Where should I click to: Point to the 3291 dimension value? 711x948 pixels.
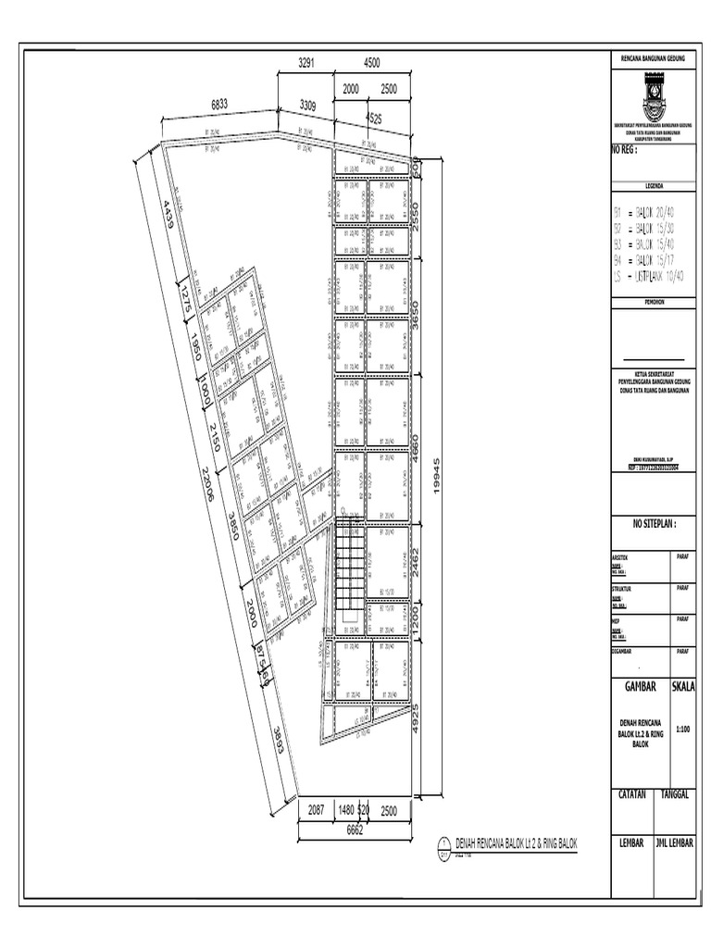[x=306, y=63]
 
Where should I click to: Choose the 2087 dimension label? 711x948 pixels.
[x=317, y=810]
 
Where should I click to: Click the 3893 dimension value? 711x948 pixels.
[x=277, y=740]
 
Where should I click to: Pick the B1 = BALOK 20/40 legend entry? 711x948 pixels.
[x=649, y=212]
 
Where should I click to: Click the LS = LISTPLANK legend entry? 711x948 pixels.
[x=649, y=276]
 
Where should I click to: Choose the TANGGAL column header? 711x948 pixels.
[x=680, y=795]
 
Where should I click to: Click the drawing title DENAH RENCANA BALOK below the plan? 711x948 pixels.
[x=516, y=843]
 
